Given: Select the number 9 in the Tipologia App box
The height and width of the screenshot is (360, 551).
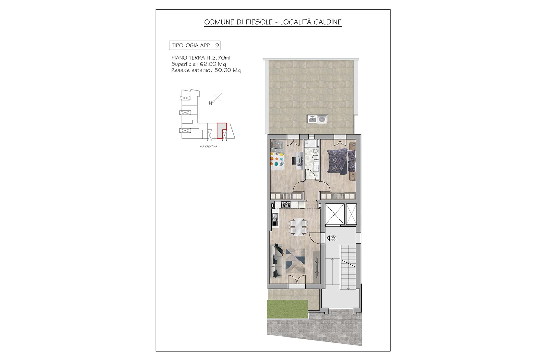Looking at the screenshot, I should coord(217,45).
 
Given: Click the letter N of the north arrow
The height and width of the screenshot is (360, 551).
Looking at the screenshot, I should coord(211,103).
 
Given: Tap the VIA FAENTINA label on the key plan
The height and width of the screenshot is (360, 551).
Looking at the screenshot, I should coord(208,147).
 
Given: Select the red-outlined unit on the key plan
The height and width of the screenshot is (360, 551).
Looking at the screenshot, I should coord(221,130).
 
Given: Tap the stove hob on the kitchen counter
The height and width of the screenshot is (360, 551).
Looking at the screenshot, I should coord(286,205).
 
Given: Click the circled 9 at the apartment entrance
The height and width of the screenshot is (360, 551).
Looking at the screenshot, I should coord(334,238).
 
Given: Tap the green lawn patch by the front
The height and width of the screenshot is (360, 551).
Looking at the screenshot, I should coord(287,308).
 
